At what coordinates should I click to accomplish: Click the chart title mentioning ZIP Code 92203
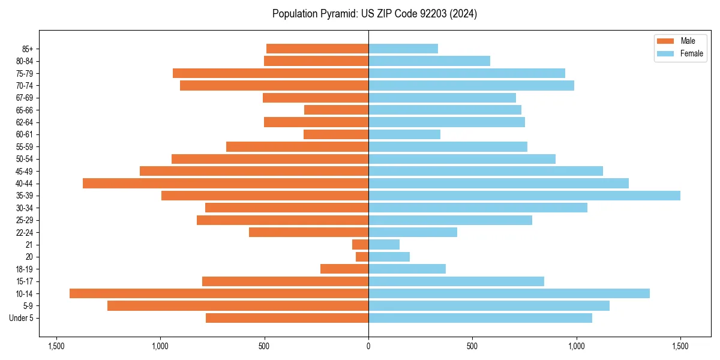(374, 14)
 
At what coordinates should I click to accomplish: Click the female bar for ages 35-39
(524, 196)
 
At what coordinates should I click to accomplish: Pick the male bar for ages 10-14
(219, 293)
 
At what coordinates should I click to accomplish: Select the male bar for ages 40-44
(226, 183)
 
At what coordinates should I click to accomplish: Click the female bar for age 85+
(403, 49)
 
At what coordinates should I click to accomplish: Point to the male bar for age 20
(362, 257)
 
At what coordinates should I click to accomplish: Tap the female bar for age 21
(384, 245)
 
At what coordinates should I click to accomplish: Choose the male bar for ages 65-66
(336, 110)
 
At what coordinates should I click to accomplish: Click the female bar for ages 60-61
(404, 134)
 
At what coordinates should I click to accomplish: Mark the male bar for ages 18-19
(344, 269)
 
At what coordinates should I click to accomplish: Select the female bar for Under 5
(480, 318)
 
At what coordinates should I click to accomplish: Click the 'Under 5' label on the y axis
(22, 318)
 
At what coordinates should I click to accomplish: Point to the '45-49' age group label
(25, 171)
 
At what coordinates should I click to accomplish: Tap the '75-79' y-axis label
(25, 73)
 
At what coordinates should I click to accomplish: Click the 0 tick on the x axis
(368, 346)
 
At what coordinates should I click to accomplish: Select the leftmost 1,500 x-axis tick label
(56, 346)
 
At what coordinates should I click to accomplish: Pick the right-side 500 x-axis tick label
(472, 346)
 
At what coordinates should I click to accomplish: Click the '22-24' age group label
(25, 232)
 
